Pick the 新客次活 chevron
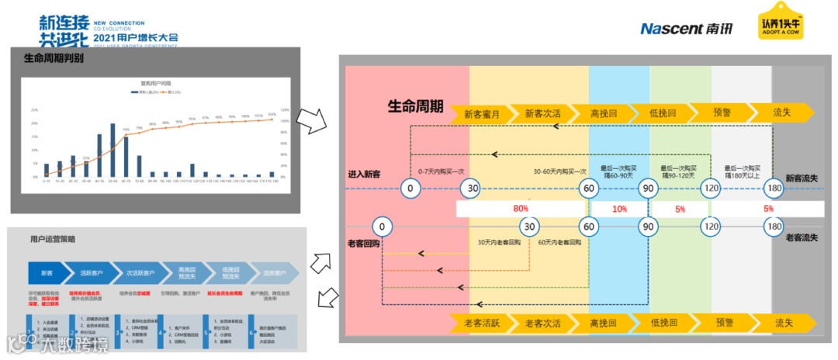coord(543,113)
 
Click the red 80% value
coord(520,209)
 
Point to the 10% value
coord(619,209)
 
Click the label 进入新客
coord(365,175)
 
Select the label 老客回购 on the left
coord(364,243)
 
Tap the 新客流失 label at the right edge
coord(802,178)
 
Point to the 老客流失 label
coord(802,237)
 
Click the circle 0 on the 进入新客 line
coord(410,188)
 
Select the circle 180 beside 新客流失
coord(773,188)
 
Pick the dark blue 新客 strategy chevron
coord(47,273)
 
